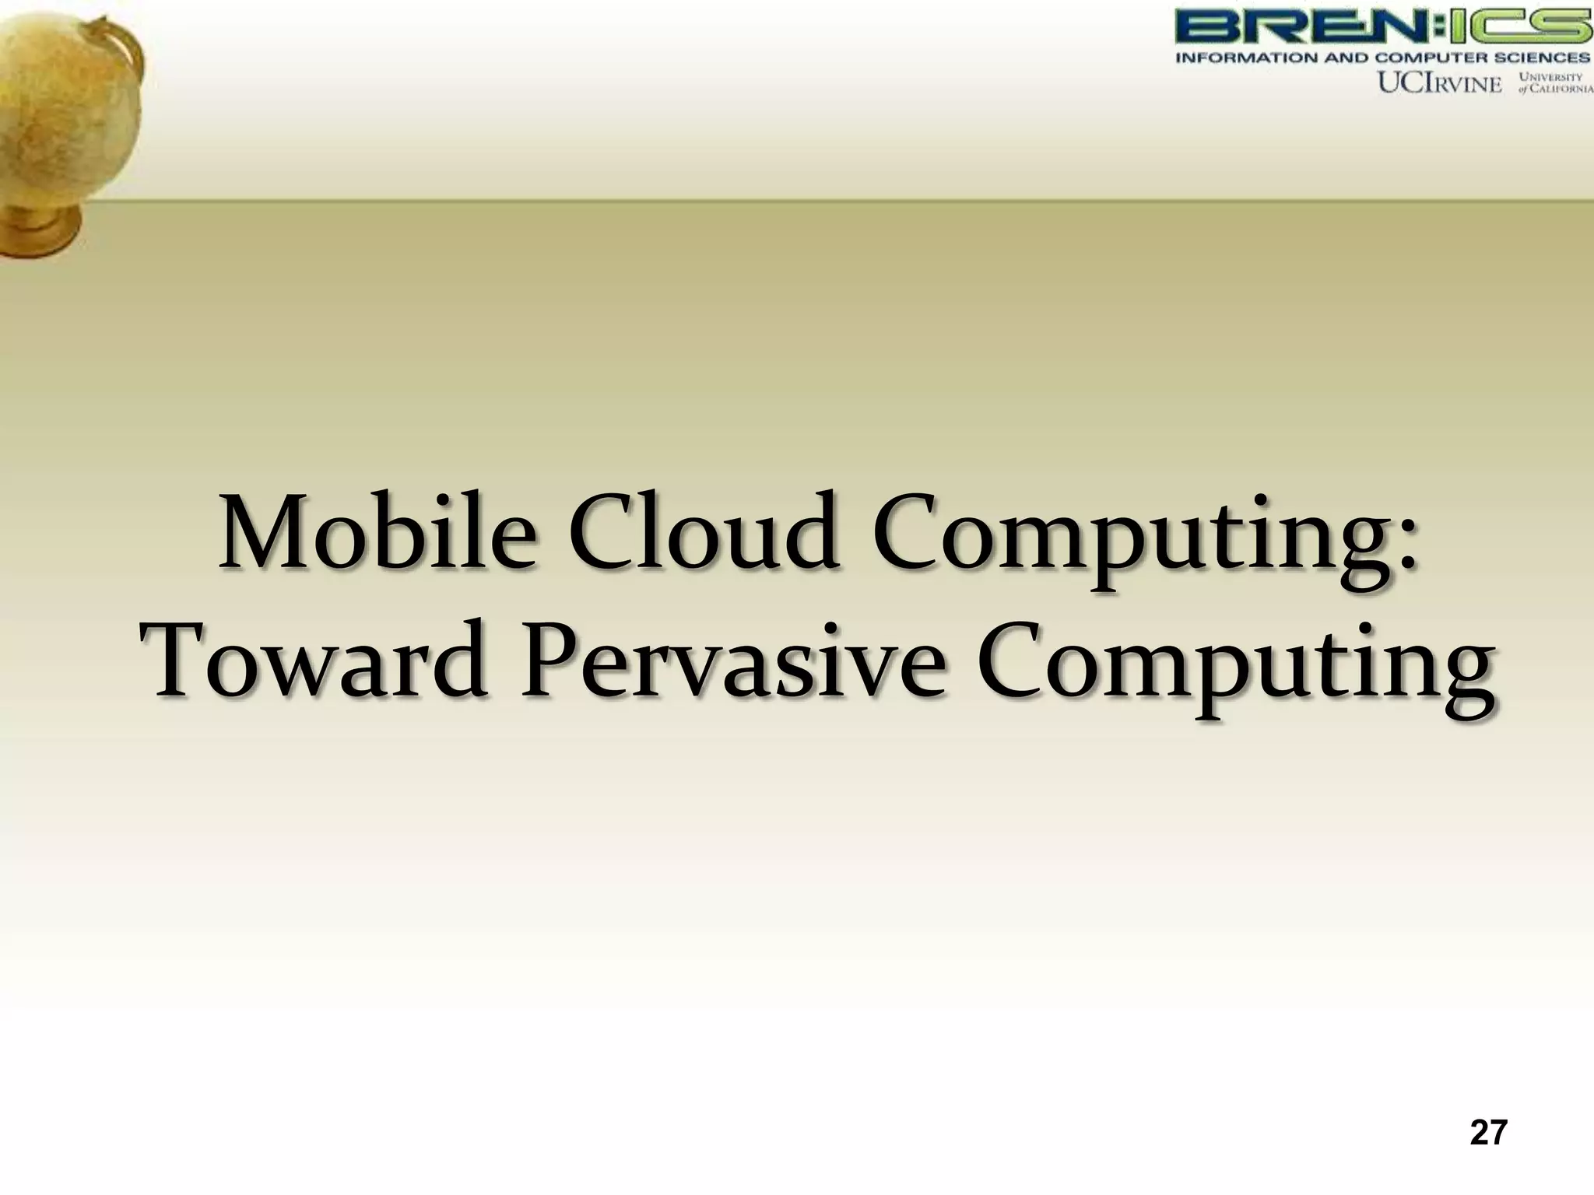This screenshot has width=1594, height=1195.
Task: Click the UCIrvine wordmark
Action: click(1439, 83)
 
